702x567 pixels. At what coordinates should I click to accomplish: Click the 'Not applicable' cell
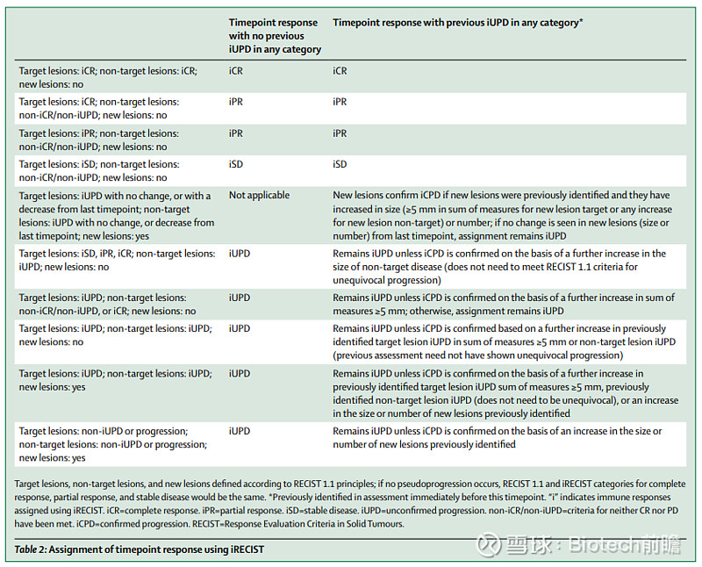tap(259, 195)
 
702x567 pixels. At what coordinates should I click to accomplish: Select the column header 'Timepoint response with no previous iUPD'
tap(275, 36)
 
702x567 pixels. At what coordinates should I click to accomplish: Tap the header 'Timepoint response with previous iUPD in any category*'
tap(457, 23)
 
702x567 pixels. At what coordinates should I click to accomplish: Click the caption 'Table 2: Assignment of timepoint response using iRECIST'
tap(140, 549)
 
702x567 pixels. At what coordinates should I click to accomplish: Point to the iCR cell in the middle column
tap(236, 71)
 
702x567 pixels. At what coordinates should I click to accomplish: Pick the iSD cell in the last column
tap(340, 164)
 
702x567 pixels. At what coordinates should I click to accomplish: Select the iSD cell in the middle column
tap(236, 164)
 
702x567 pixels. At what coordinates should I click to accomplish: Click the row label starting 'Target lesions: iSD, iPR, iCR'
tap(117, 260)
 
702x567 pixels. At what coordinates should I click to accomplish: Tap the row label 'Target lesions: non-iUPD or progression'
tap(113, 444)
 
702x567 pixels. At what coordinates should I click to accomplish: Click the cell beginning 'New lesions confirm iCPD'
tap(502, 215)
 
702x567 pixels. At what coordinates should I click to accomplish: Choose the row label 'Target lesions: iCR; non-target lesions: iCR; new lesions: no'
tap(108, 77)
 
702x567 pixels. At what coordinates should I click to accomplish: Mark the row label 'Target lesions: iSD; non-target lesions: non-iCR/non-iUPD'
tap(99, 170)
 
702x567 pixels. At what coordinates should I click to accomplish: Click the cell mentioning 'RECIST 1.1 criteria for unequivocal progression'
tap(499, 267)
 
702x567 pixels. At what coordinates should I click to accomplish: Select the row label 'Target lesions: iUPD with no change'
tap(117, 216)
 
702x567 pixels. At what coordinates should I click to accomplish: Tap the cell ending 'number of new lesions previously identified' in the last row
tap(497, 438)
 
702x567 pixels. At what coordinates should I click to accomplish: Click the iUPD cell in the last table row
tap(240, 431)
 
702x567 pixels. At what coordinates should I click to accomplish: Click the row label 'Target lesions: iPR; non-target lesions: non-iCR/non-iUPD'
tap(99, 140)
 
